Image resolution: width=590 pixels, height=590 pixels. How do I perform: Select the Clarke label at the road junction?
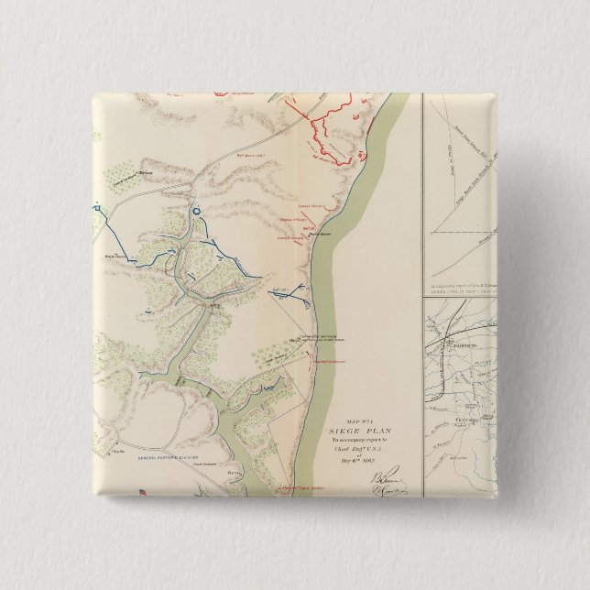click(x=117, y=452)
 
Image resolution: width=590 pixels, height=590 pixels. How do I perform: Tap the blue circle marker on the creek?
click(x=195, y=213)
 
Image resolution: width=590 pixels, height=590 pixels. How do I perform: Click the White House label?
click(x=115, y=257)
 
